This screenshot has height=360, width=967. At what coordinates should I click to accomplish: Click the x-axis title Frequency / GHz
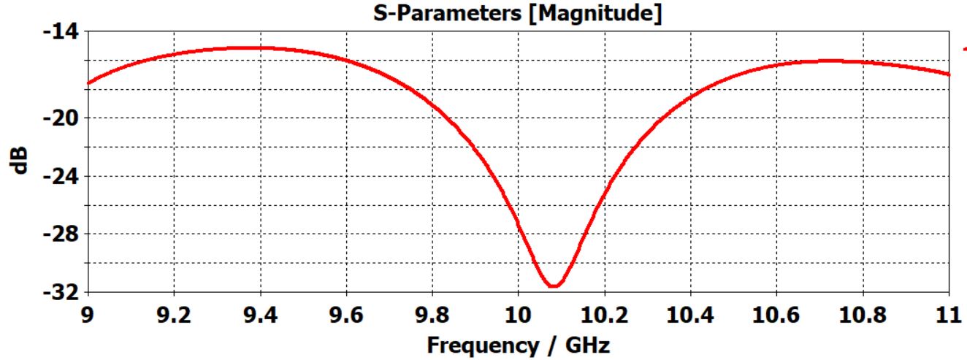[x=518, y=344]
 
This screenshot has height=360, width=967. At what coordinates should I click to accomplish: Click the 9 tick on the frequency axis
[x=88, y=315]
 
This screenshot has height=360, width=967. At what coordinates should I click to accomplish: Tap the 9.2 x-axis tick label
[x=174, y=315]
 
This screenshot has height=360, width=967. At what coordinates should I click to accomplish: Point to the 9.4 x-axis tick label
[x=260, y=315]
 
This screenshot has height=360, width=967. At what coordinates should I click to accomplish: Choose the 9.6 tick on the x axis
[x=346, y=315]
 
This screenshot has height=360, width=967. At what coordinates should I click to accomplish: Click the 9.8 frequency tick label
[x=432, y=315]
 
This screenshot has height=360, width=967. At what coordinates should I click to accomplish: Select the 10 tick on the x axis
[x=519, y=315]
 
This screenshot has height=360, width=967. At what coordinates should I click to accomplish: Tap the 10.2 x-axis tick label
[x=605, y=315]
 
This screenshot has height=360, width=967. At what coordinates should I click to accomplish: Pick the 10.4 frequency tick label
[x=691, y=315]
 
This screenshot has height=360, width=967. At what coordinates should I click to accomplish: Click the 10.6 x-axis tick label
[x=777, y=315]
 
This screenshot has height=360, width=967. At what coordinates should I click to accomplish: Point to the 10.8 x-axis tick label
[x=863, y=315]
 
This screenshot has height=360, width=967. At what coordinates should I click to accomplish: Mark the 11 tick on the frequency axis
[x=949, y=315]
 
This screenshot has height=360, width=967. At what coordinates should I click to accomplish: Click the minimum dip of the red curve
[x=553, y=286]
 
